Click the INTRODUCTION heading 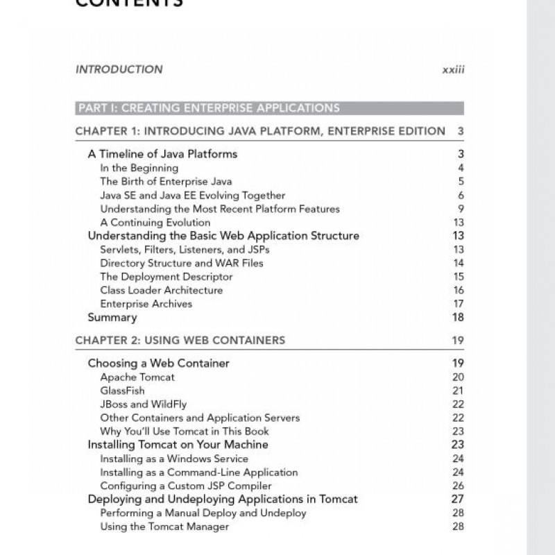(119, 69)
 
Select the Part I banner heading (209, 108)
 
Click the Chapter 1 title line (260, 131)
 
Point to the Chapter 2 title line (180, 340)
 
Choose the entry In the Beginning (139, 168)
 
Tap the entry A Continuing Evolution (155, 223)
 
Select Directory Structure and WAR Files (182, 263)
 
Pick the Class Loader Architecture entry (161, 290)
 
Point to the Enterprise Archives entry (146, 304)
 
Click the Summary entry (112, 318)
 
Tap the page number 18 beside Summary (457, 318)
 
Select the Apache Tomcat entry (137, 377)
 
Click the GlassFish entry (122, 391)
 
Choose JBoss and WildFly (143, 404)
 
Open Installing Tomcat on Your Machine (178, 445)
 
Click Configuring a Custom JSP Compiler (186, 486)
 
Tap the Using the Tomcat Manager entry (164, 527)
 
